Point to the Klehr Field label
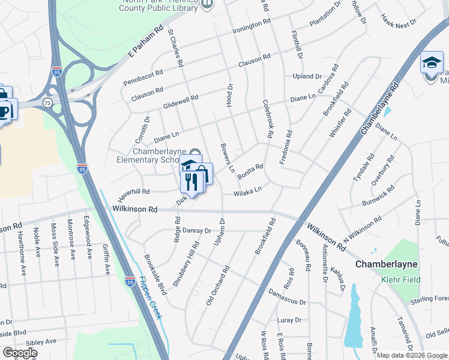tap(400, 280)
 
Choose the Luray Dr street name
tap(291, 320)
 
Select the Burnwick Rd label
tap(379, 197)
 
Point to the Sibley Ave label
tap(41, 341)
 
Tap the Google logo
tap(20, 353)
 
